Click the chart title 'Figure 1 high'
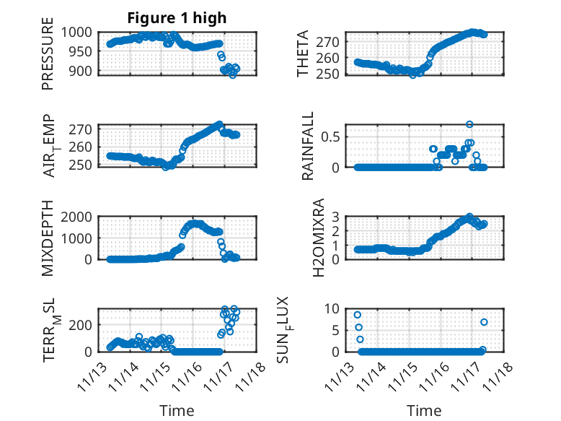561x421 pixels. tap(177, 18)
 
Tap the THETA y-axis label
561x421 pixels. tap(304, 53)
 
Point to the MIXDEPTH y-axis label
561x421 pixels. tap(48, 237)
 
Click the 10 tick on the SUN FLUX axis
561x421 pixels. tap(335, 308)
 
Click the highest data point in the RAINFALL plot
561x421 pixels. tap(469, 124)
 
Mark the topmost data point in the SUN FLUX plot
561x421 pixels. tap(357, 315)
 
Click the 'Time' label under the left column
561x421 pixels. tap(177, 411)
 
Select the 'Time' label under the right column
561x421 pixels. tap(424, 411)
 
